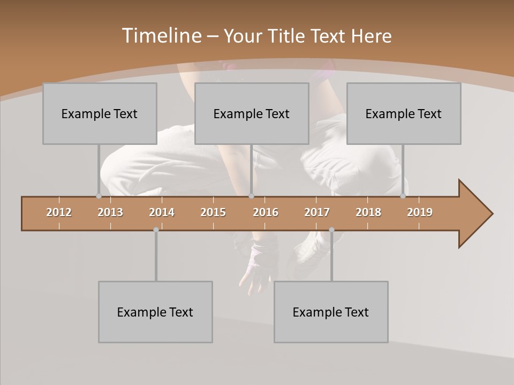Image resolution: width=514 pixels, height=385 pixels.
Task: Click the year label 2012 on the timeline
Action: point(59,212)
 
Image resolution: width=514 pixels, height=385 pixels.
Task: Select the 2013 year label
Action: point(110,212)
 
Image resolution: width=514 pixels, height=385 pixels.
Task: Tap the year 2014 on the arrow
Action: point(162,212)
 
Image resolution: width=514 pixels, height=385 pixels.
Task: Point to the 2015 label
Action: point(213,212)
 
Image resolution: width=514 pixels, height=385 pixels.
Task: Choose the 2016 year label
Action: point(266,212)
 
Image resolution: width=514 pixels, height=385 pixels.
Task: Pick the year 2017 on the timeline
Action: point(317,212)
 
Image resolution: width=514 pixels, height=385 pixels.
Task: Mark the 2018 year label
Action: point(368,212)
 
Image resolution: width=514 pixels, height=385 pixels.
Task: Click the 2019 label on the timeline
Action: point(420,212)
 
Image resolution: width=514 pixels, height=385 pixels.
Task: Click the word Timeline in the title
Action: point(161,36)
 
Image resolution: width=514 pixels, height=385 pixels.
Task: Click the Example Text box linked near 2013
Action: point(100,113)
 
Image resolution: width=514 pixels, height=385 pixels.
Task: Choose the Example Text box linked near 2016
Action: point(252,113)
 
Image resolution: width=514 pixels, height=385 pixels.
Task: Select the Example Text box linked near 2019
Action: point(404,113)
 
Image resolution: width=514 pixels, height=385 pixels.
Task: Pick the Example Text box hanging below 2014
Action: point(155,312)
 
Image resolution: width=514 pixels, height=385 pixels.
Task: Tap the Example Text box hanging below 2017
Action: point(331,312)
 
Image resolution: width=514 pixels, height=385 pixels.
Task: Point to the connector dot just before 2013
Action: point(99,196)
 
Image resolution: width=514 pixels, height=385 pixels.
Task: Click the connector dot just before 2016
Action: point(251,196)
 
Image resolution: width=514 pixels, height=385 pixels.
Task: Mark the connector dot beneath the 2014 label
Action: point(156,230)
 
